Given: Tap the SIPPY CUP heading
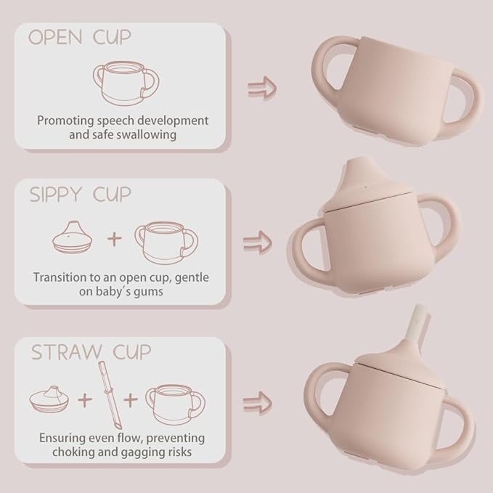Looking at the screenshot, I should coord(81,195).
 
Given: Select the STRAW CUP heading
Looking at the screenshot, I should coord(91,353).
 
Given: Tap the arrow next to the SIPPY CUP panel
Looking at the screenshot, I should coord(257,240).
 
